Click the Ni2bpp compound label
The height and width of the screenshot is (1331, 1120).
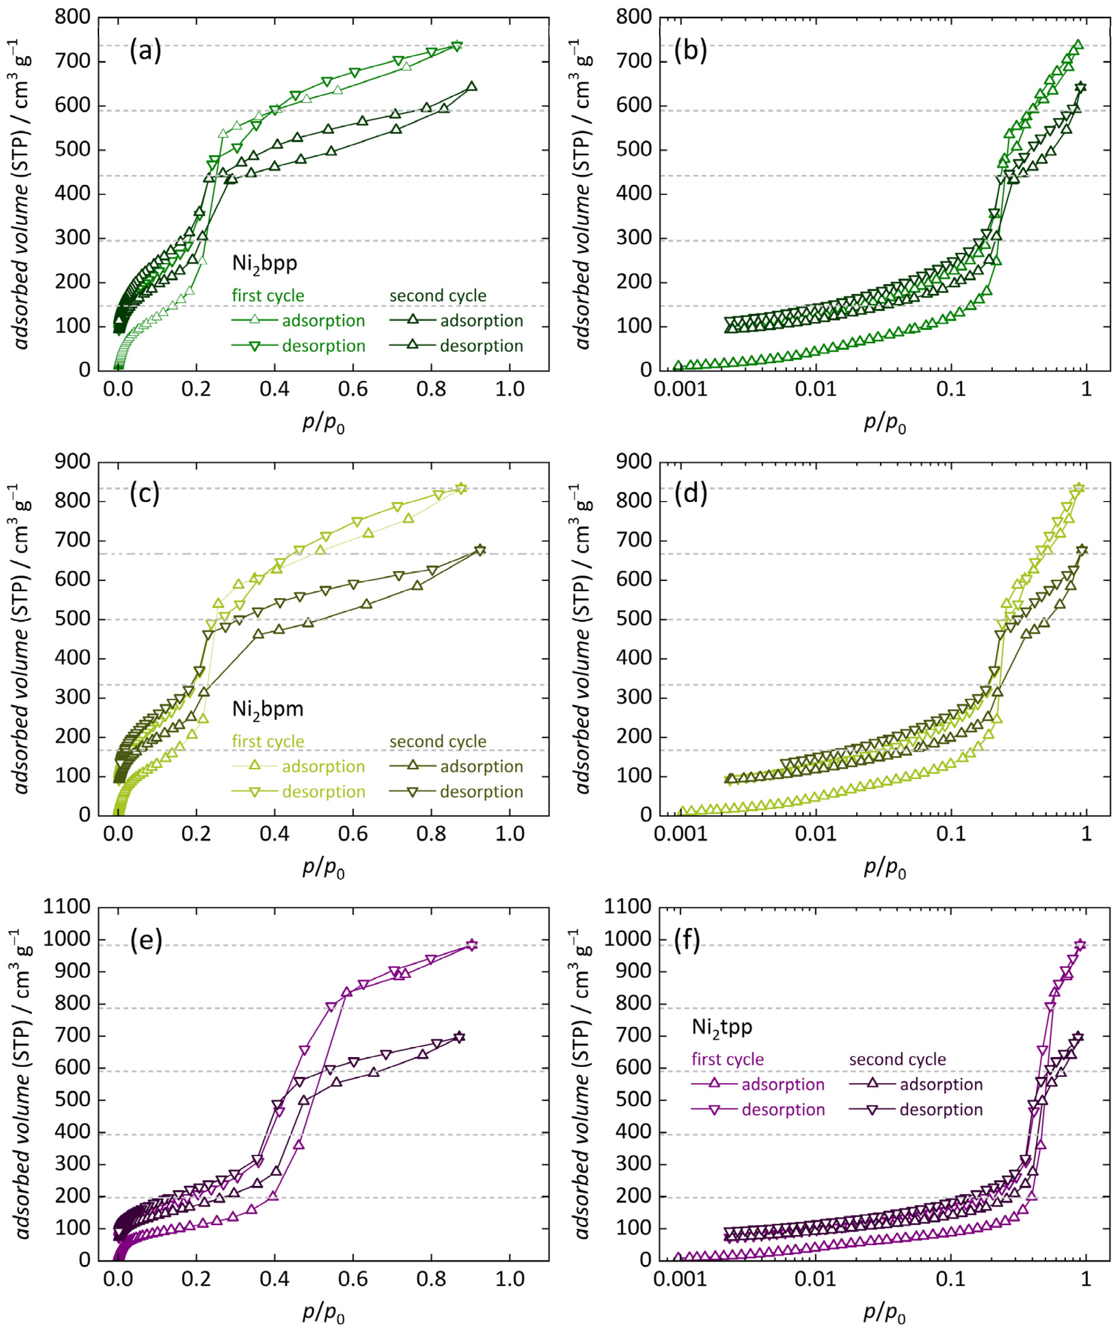264,263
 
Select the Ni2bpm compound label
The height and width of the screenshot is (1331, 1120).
267,709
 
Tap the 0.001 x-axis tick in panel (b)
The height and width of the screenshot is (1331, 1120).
681,388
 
